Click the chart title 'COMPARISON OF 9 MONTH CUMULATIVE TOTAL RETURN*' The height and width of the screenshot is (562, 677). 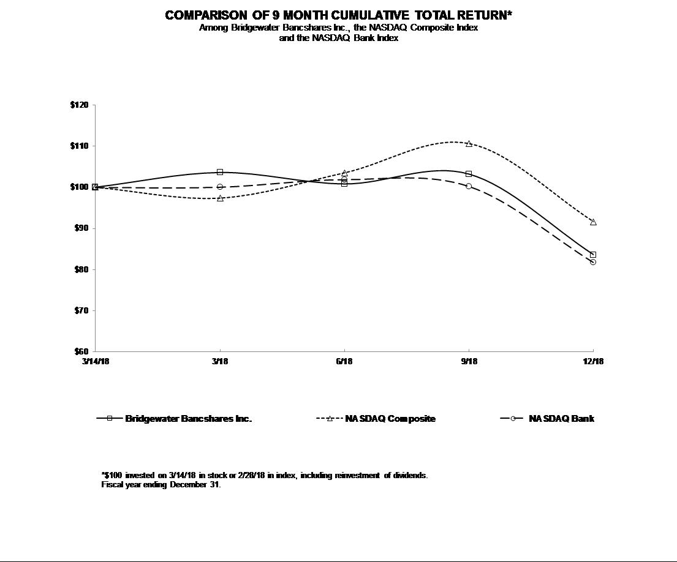tap(338, 15)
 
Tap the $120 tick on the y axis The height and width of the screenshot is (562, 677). tap(80, 105)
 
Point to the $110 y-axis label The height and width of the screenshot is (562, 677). tap(80, 146)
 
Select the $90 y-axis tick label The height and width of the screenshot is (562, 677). tap(81, 228)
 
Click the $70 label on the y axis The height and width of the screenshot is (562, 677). tap(81, 311)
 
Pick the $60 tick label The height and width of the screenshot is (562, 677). tap(81, 352)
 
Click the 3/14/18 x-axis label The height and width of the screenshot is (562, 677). tap(95, 362)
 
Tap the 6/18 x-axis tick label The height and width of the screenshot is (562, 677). tap(344, 362)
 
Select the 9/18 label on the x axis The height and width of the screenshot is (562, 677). tap(469, 362)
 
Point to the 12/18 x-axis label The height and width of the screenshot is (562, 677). tap(593, 362)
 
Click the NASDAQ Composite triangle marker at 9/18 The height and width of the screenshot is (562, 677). tap(469, 144)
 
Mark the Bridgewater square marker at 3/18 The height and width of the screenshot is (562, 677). tap(220, 172)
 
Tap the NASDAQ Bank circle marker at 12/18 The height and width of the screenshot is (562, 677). tap(593, 262)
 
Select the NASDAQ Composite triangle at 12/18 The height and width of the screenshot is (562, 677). tap(593, 222)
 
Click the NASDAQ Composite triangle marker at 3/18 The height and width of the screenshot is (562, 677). tap(220, 198)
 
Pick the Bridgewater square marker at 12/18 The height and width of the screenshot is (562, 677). tap(593, 255)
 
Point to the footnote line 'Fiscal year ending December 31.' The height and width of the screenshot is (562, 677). tap(161, 485)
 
